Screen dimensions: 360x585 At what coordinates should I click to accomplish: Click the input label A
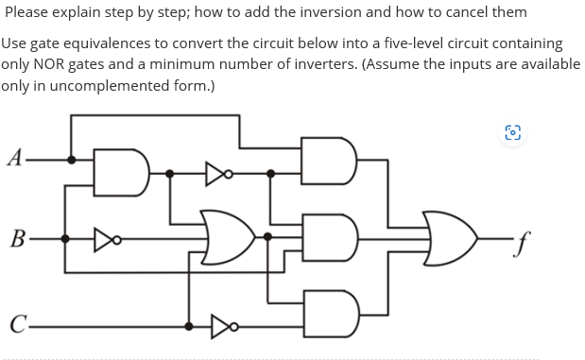tap(12, 157)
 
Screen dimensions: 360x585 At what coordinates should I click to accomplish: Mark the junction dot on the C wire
tap(189, 327)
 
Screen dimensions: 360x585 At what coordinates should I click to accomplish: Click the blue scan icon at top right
tap(512, 133)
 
